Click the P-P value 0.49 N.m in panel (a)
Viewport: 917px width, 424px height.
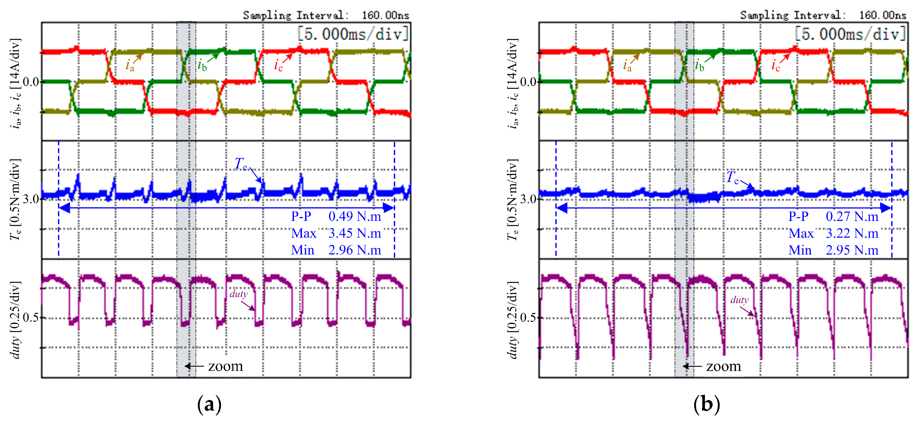tap(355, 216)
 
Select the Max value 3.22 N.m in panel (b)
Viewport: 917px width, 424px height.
tap(852, 233)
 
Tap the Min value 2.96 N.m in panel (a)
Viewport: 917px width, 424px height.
tap(355, 250)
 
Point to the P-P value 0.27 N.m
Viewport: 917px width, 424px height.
tap(852, 216)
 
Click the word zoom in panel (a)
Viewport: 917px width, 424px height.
tap(225, 366)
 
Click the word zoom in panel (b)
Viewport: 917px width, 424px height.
tap(723, 366)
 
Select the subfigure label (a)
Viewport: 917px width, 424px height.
tap(209, 405)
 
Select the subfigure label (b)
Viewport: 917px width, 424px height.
tap(707, 405)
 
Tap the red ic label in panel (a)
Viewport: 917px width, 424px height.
tap(278, 66)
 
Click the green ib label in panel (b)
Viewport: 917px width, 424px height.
tap(699, 66)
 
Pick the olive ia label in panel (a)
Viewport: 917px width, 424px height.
tap(130, 66)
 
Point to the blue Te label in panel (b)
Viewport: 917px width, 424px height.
tap(732, 177)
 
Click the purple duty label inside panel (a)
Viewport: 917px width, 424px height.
tap(238, 294)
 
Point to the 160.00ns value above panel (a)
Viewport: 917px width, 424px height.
tap(385, 15)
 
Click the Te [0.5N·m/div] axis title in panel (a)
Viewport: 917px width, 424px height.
tap(15, 199)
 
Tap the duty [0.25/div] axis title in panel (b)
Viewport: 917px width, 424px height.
tap(513, 320)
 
